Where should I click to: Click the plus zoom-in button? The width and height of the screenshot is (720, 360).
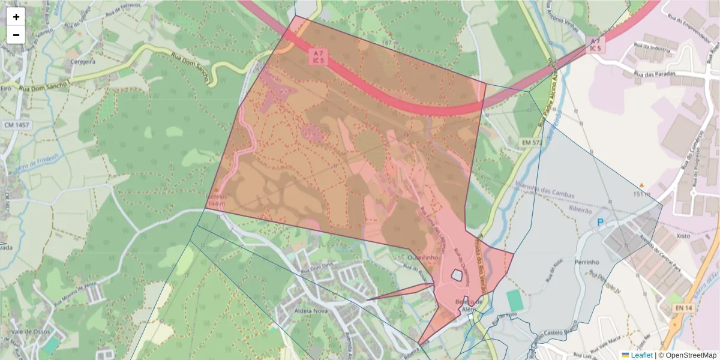pyautogui.click(x=16, y=17)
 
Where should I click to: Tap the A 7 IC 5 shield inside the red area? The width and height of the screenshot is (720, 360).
pyautogui.click(x=317, y=56)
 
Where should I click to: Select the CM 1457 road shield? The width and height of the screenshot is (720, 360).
pyautogui.click(x=16, y=125)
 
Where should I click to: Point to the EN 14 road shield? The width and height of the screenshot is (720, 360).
pyautogui.click(x=684, y=308)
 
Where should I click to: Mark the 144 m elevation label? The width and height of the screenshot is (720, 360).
pyautogui.click(x=216, y=204)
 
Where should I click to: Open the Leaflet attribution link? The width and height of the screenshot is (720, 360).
pyautogui.click(x=641, y=355)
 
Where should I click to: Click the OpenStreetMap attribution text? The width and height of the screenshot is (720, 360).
pyautogui.click(x=687, y=355)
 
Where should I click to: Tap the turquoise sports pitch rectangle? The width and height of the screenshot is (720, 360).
pyautogui.click(x=514, y=300)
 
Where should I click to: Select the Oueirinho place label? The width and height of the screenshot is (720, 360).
pyautogui.click(x=424, y=257)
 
